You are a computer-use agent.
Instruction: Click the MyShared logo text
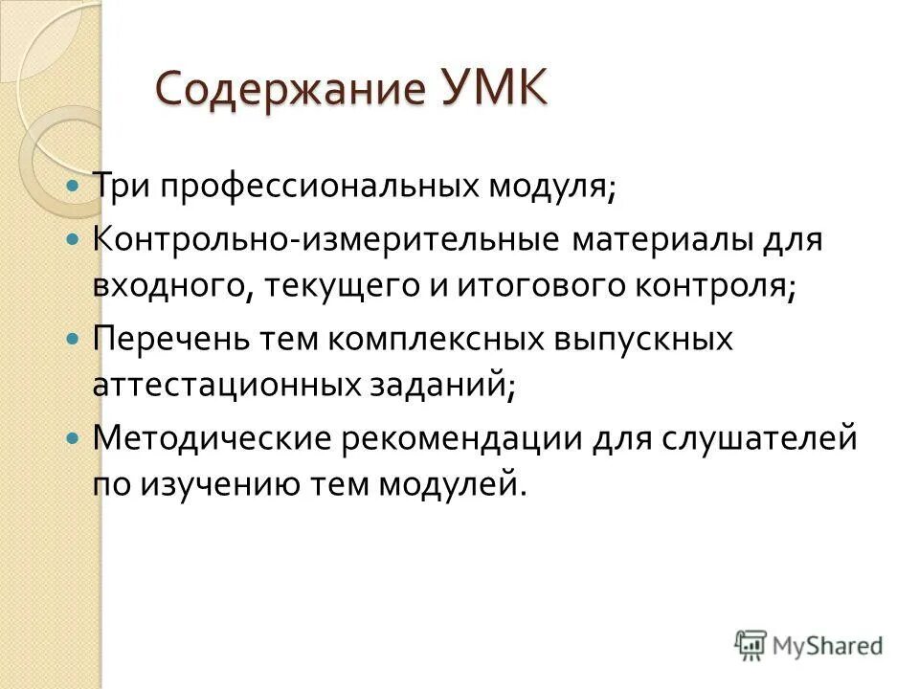pos(829,646)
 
